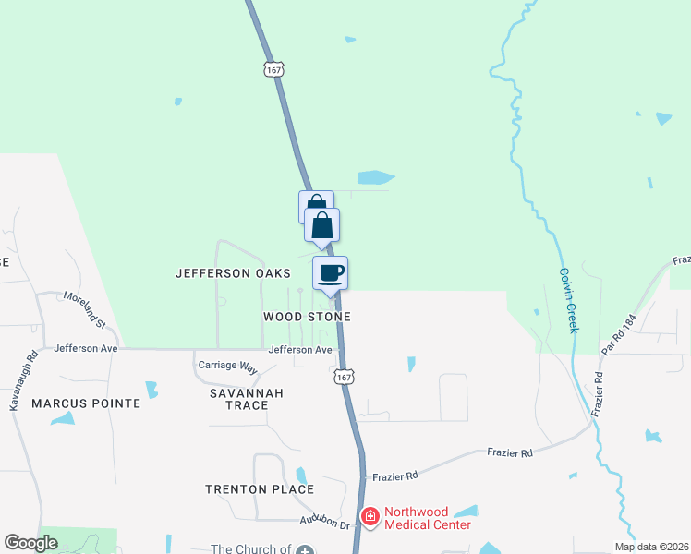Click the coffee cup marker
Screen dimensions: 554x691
click(330, 272)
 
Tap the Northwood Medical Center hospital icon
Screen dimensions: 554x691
click(370, 516)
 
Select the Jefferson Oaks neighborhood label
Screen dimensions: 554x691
click(234, 273)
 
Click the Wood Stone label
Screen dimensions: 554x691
click(307, 317)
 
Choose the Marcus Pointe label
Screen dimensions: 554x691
click(86, 403)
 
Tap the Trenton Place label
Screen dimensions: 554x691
click(260, 489)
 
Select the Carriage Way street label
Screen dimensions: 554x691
click(227, 367)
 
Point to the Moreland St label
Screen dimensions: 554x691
click(86, 304)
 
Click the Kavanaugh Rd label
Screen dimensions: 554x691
click(22, 379)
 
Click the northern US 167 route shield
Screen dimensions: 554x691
click(273, 69)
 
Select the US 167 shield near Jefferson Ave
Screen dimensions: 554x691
click(344, 377)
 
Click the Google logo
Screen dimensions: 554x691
click(30, 543)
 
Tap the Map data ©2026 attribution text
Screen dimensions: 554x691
click(650, 547)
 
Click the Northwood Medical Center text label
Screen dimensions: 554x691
click(427, 518)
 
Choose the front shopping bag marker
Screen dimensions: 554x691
click(321, 224)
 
